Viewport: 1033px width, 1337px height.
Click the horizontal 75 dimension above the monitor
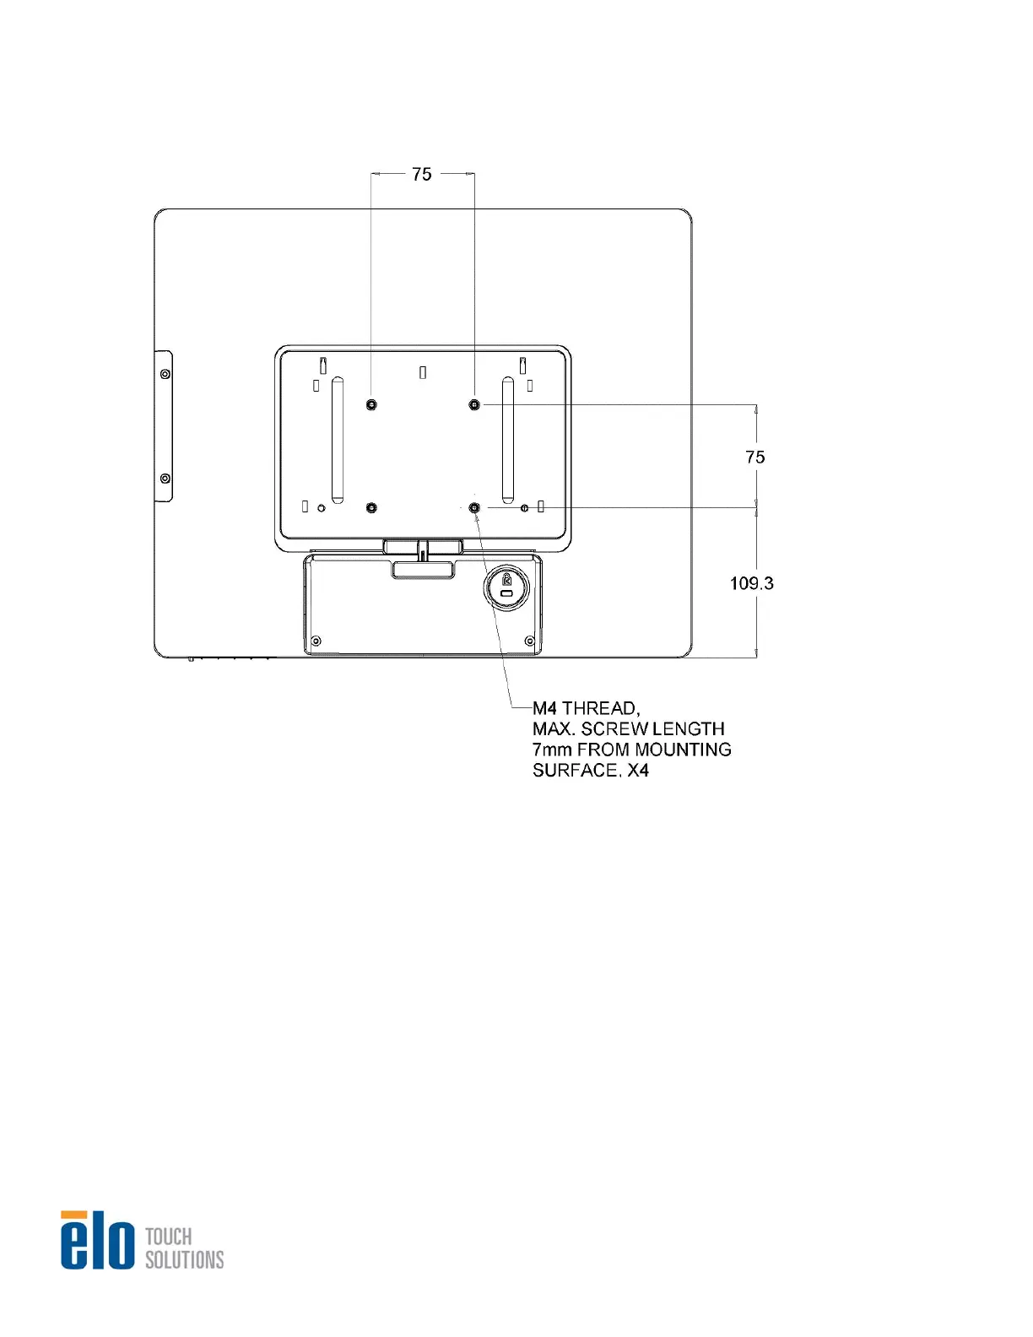pyautogui.click(x=421, y=175)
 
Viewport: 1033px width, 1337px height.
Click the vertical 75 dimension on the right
pyautogui.click(x=754, y=457)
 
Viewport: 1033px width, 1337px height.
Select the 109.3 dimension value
pyautogui.click(x=751, y=583)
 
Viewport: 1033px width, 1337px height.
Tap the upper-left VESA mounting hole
pyautogui.click(x=371, y=404)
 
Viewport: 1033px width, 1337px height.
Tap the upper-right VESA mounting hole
pyautogui.click(x=474, y=404)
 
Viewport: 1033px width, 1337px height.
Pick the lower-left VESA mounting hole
pyautogui.click(x=371, y=507)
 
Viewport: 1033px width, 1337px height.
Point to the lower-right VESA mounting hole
pyautogui.click(x=474, y=507)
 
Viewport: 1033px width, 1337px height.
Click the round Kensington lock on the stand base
pyautogui.click(x=506, y=587)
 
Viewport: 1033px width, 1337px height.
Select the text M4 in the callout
pyautogui.click(x=544, y=708)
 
